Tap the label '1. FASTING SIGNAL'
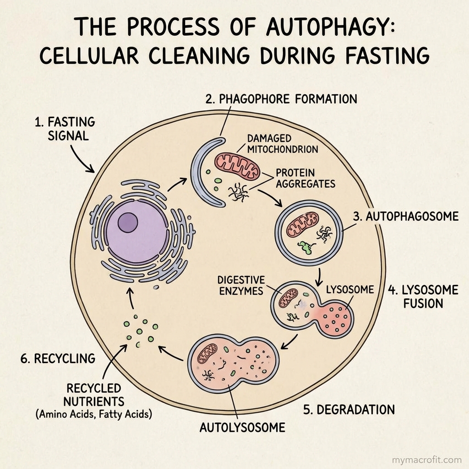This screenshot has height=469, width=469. [x=65, y=129]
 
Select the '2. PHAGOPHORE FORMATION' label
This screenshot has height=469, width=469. [x=281, y=99]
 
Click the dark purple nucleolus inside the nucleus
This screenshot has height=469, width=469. [x=128, y=223]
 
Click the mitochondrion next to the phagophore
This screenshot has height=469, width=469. [x=238, y=166]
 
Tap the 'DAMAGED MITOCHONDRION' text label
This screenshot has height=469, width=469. [x=283, y=143]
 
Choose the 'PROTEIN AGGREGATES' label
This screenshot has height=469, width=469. [x=305, y=178]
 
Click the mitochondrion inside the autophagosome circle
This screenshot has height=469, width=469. [x=302, y=224]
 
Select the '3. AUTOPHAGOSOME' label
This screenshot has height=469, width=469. [x=406, y=216]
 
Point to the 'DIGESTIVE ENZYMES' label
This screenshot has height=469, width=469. [x=241, y=285]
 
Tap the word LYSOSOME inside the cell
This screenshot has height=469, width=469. [x=350, y=289]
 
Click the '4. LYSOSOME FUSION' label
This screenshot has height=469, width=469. [x=423, y=297]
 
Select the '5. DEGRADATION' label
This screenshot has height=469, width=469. [x=349, y=410]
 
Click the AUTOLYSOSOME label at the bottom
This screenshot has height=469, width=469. [x=242, y=428]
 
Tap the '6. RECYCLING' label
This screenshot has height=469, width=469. [x=58, y=358]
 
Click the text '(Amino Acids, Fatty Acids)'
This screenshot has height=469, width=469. [x=94, y=414]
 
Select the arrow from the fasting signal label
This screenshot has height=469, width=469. [x=81, y=160]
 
